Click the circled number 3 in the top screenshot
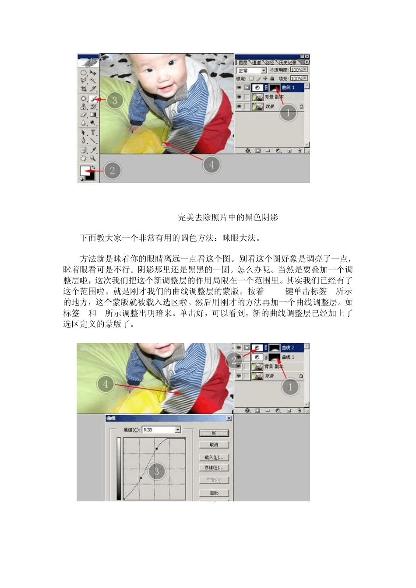point(114,101)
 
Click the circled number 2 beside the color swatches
point(112,171)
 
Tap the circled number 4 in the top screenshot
point(212,164)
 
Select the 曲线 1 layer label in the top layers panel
point(289,87)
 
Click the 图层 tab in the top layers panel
point(243,63)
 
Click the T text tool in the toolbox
point(93,133)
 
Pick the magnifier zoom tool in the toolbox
point(93,158)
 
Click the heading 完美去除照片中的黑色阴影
point(228,217)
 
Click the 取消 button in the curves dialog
point(214,445)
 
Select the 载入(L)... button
point(214,457)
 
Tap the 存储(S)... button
point(214,468)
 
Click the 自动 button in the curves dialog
point(214,493)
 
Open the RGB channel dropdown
point(161,430)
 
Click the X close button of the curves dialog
point(229,419)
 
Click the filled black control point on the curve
point(156,449)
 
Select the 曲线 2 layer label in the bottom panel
point(288,348)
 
